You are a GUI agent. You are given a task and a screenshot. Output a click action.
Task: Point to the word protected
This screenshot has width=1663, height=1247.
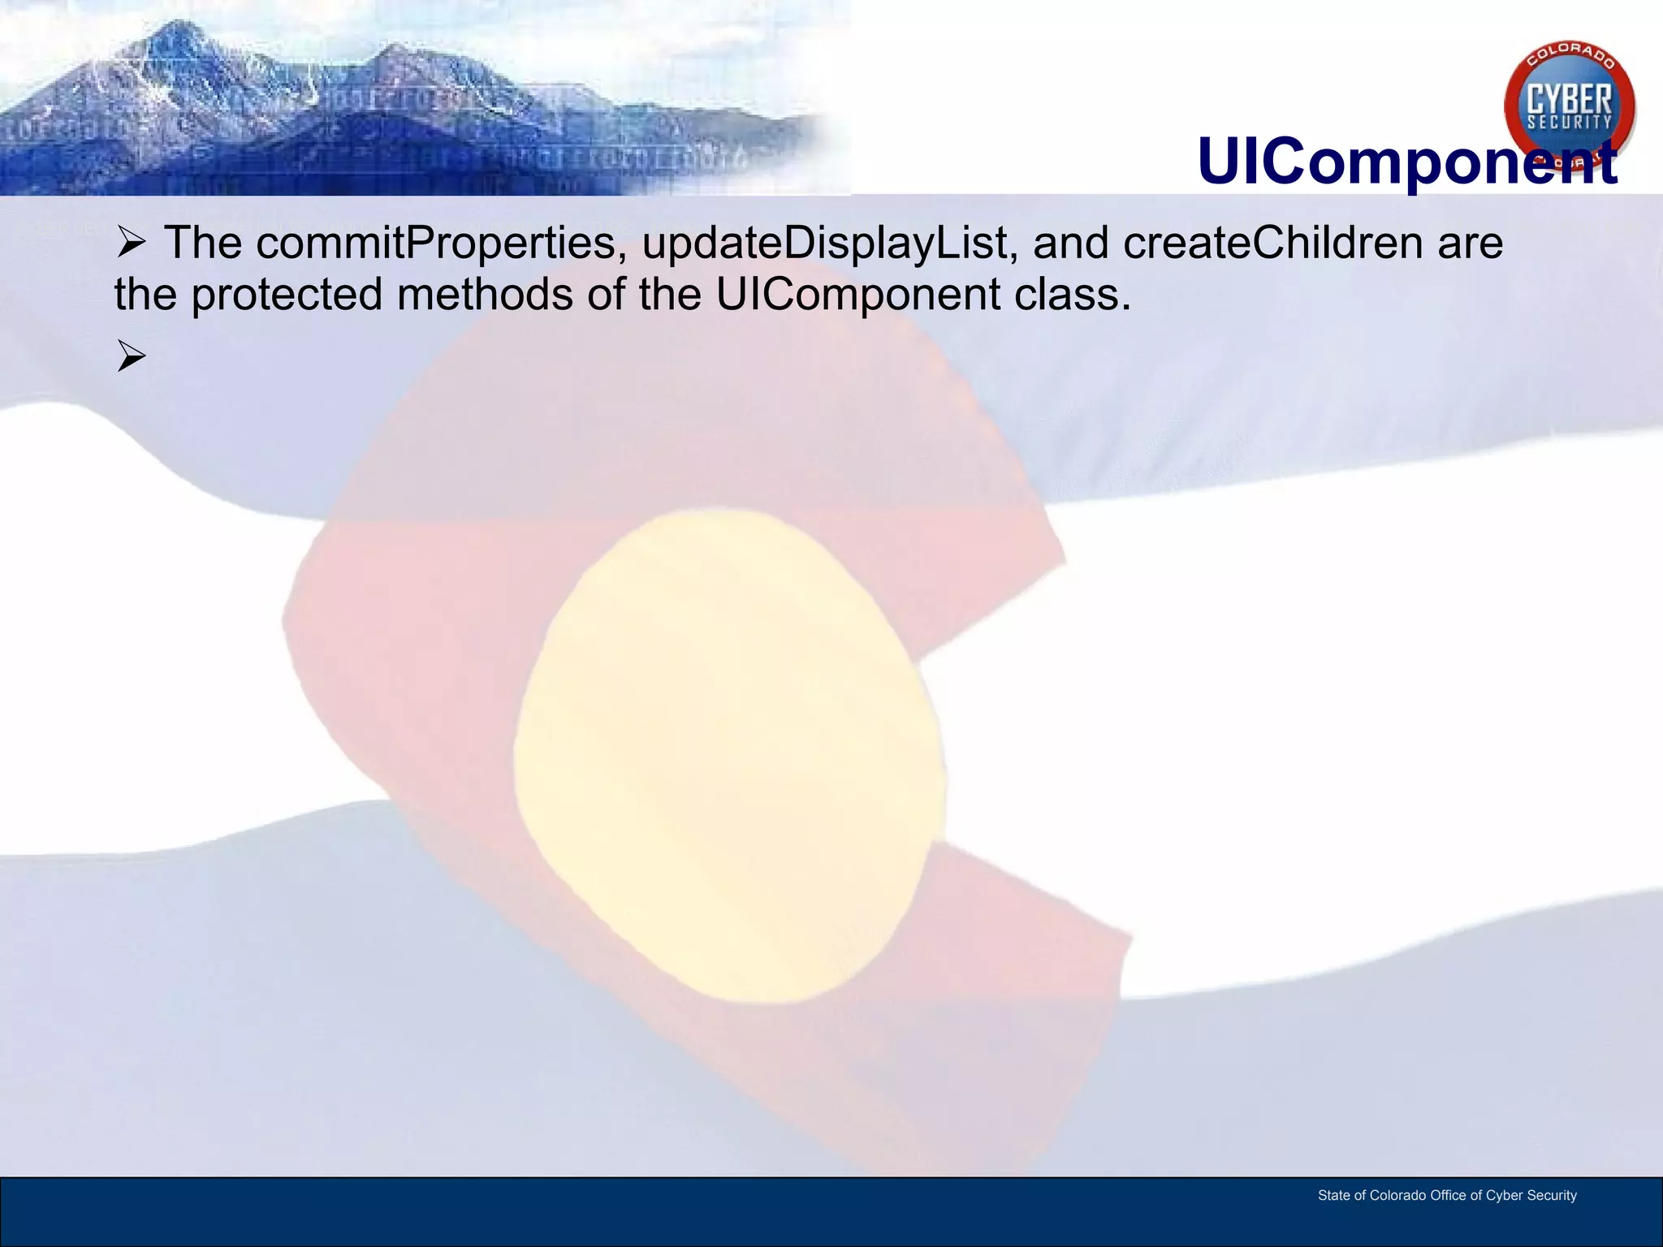point(286,295)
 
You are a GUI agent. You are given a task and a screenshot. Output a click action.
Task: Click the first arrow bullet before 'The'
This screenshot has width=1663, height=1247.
point(131,243)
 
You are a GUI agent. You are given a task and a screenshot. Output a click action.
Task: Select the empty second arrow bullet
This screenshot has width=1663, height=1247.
point(131,356)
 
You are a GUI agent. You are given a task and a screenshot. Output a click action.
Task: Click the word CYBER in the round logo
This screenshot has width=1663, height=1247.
point(1569,101)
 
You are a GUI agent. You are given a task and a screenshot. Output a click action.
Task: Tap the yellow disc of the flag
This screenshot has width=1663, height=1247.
point(728,755)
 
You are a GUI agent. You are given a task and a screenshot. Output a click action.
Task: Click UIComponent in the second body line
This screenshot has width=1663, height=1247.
point(857,294)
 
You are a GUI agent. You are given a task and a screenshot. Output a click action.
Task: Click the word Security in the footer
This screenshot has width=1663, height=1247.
point(1552,1195)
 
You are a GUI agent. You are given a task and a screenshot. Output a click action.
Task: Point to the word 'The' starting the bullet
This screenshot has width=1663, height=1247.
point(202,244)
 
